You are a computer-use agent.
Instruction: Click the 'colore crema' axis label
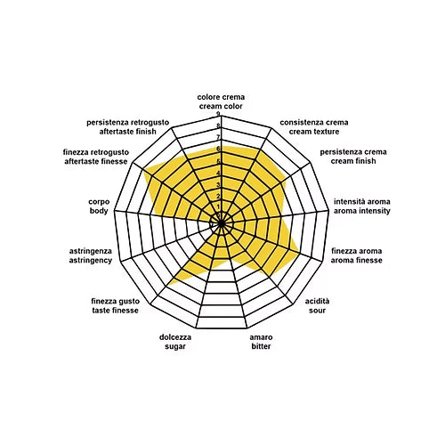click(x=221, y=97)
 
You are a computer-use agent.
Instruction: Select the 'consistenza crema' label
click(x=314, y=123)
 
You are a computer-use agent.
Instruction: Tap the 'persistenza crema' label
click(x=353, y=152)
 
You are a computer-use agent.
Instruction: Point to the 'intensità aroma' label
click(x=362, y=202)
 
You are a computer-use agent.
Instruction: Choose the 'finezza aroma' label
click(x=356, y=251)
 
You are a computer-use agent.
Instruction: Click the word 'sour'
click(x=317, y=311)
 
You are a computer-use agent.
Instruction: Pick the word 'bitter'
click(x=261, y=346)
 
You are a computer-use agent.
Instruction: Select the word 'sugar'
click(x=175, y=347)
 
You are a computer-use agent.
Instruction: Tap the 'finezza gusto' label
click(x=115, y=302)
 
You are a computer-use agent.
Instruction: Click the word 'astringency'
click(x=91, y=261)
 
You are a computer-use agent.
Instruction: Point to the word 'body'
click(x=99, y=211)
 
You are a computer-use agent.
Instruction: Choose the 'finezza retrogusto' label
click(x=96, y=152)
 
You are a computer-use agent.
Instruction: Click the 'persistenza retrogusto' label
click(x=128, y=123)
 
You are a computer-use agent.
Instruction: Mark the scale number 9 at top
click(x=218, y=114)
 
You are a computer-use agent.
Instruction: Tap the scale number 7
click(x=218, y=137)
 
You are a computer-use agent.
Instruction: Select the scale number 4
click(x=218, y=173)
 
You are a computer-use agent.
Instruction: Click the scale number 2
click(x=218, y=197)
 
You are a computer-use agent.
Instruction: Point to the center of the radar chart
click(x=222, y=223)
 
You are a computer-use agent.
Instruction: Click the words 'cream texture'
click(x=314, y=132)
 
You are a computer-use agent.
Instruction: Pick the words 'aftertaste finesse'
click(x=96, y=161)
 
